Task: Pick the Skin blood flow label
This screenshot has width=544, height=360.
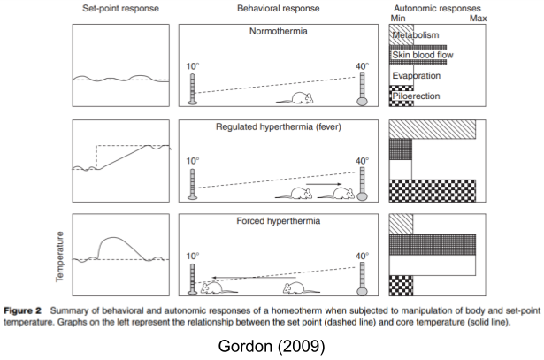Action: point(423,55)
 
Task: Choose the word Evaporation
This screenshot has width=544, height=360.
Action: point(418,76)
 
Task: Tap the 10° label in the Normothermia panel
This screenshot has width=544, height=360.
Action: point(193,67)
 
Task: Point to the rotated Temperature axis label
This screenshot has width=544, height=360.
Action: point(60,257)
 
